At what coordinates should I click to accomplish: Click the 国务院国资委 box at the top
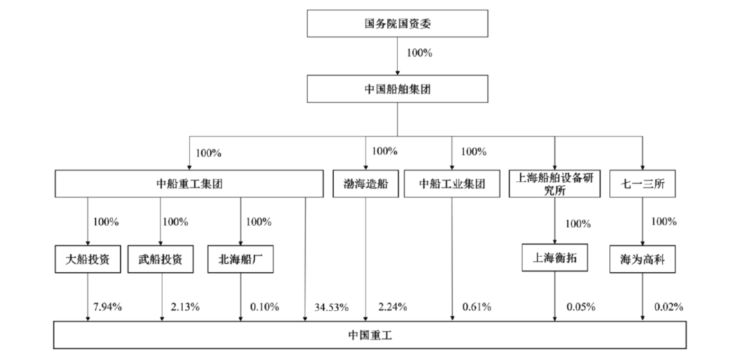398,24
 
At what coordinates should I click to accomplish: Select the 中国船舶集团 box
398,89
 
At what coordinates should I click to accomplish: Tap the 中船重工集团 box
189,183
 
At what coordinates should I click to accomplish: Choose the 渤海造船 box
366,183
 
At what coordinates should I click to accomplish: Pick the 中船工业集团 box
452,183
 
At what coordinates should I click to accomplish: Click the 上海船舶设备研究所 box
554,183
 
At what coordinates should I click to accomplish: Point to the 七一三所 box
643,183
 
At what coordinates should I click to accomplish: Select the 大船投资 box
88,259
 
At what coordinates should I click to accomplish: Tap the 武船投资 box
160,259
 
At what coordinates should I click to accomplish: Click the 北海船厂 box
240,259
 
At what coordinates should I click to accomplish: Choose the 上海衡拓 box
554,258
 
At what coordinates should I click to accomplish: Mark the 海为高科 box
643,259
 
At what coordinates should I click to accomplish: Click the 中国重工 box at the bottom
370,334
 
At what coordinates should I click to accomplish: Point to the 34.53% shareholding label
332,307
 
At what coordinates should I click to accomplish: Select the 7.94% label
108,307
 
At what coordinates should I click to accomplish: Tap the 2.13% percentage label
185,307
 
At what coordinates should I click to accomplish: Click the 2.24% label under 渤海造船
393,307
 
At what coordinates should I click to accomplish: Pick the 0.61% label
477,307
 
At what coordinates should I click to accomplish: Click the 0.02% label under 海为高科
669,307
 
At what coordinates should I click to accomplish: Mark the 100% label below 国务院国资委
419,53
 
